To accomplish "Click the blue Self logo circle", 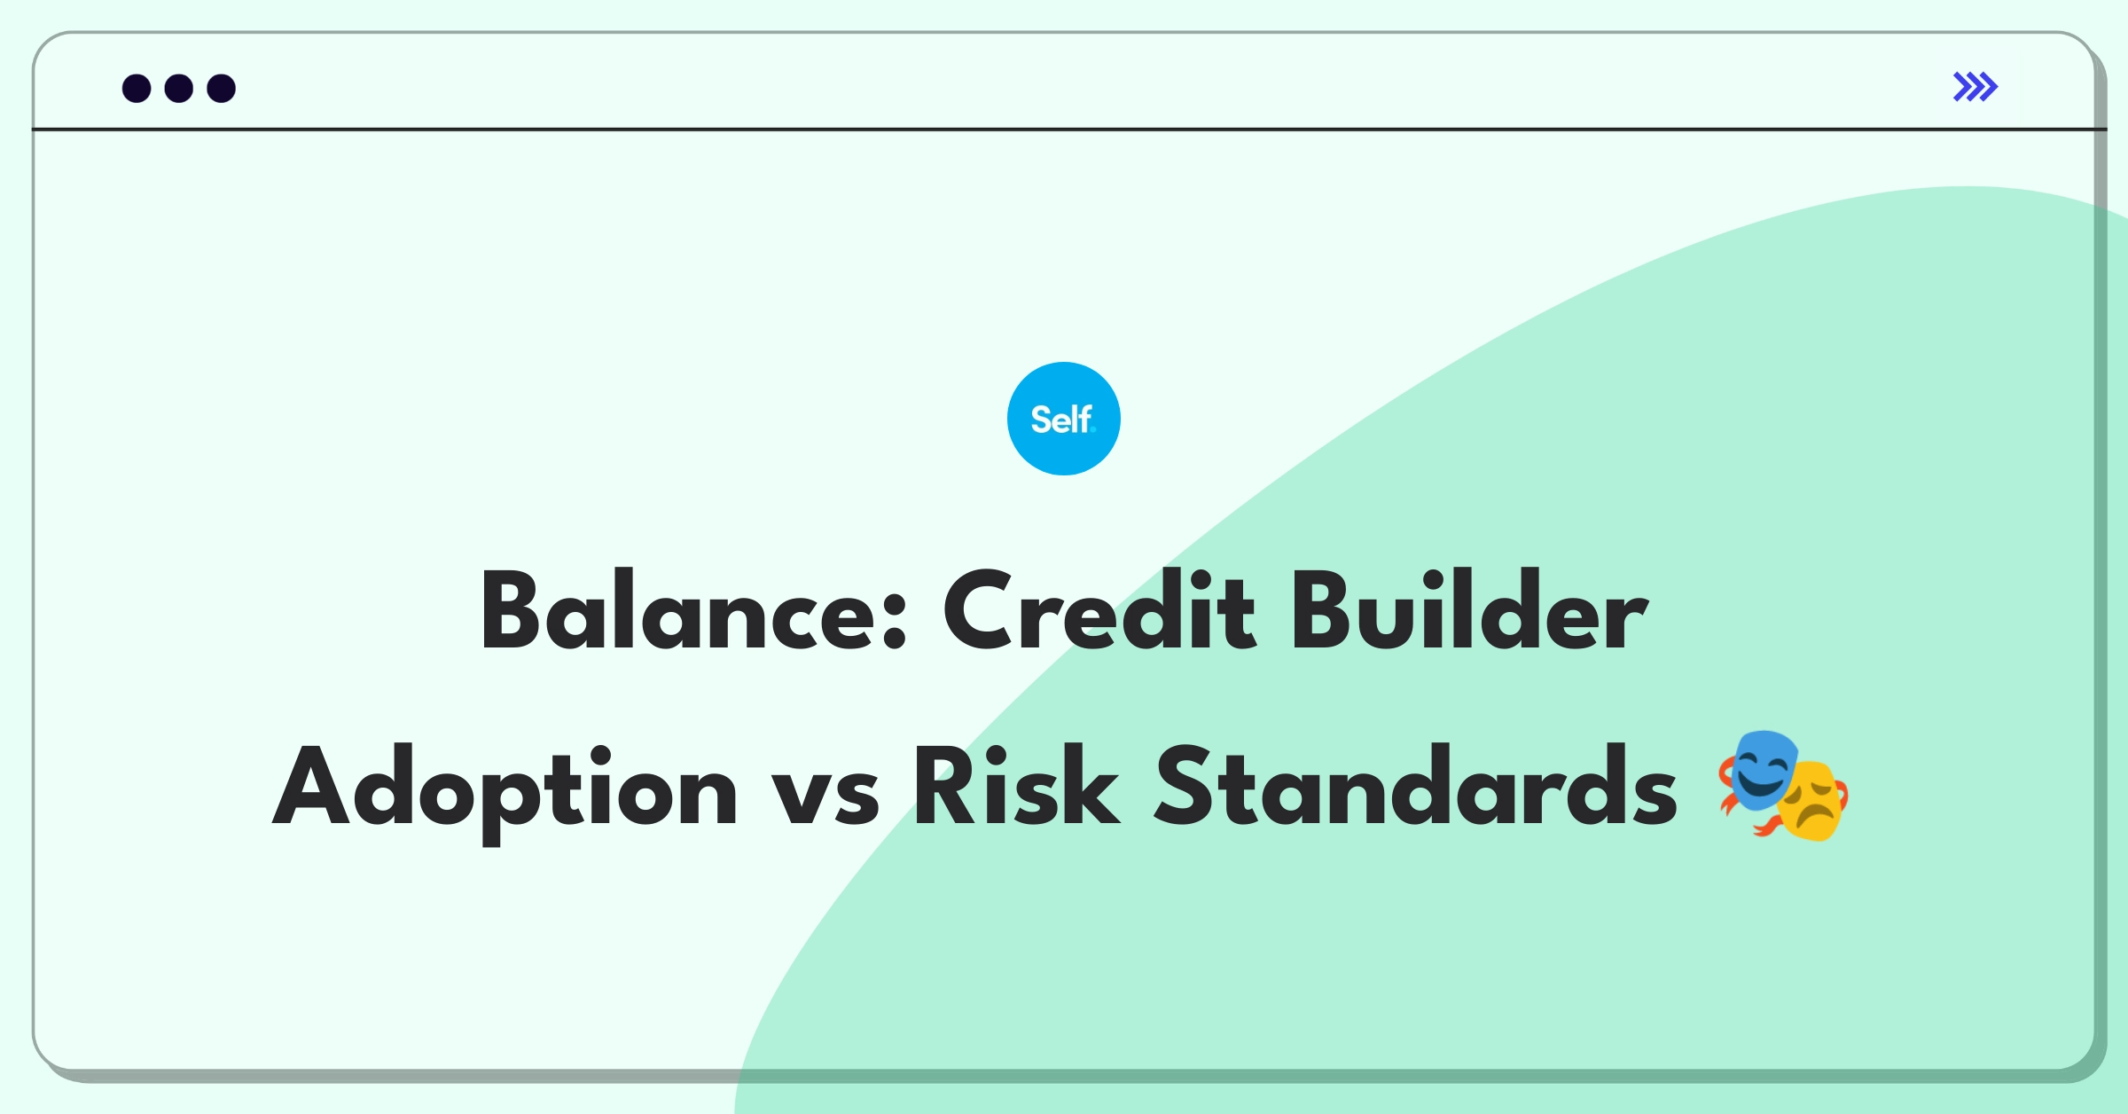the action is (1063, 419).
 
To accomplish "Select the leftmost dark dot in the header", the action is (137, 88).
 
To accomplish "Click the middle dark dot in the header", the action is (179, 88).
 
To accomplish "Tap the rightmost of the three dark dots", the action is (222, 88).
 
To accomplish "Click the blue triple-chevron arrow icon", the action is (1975, 87).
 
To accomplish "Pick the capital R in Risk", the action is (945, 786).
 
